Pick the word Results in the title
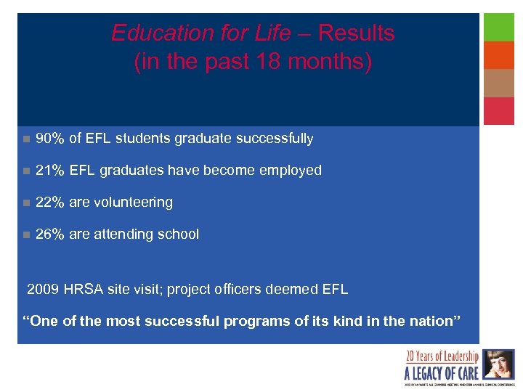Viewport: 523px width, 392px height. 356,33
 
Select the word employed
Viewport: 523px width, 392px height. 290,171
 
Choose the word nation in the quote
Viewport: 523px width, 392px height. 430,322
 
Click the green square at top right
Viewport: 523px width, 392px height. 499,27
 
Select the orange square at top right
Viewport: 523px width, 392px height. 499,55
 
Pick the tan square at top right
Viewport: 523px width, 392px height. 499,83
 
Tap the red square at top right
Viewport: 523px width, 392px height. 499,111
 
